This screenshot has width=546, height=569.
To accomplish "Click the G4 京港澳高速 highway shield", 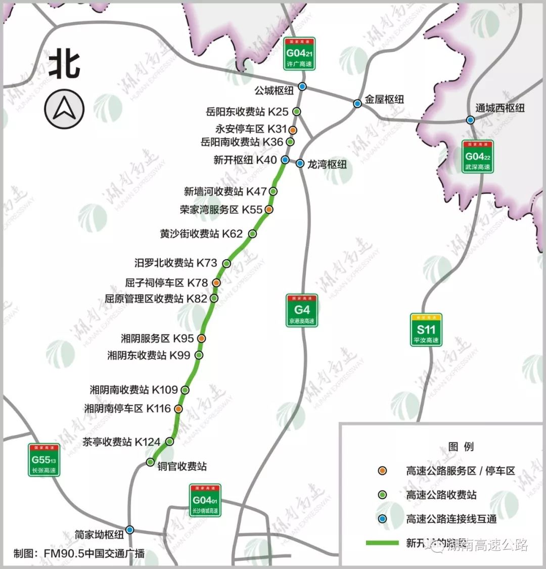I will [302, 310].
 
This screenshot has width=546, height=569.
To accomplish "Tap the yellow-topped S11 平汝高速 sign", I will [426, 330].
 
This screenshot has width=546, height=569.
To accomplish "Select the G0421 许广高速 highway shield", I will [299, 53].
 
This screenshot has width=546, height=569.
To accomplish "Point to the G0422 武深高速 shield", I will [478, 156].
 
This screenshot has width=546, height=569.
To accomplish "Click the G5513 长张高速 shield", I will [44, 459].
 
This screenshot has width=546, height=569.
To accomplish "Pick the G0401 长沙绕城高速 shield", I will [205, 500].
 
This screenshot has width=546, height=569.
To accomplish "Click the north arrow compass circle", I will [64, 108].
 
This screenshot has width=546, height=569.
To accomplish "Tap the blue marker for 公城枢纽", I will [302, 87].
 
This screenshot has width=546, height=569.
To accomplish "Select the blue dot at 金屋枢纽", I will [357, 104].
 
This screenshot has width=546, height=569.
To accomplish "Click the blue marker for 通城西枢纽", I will [470, 120].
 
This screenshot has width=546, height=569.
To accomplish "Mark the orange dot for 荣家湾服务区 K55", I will [269, 210].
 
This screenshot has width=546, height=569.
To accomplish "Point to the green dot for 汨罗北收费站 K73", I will [227, 263].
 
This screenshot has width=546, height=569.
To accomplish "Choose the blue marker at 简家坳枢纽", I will [130, 530].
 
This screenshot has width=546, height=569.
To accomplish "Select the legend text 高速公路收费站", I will [441, 495].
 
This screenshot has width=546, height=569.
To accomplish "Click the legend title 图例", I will [461, 446].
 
